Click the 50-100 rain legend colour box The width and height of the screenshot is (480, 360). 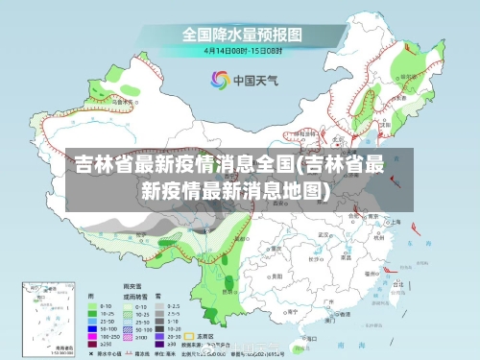tap(94, 326)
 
